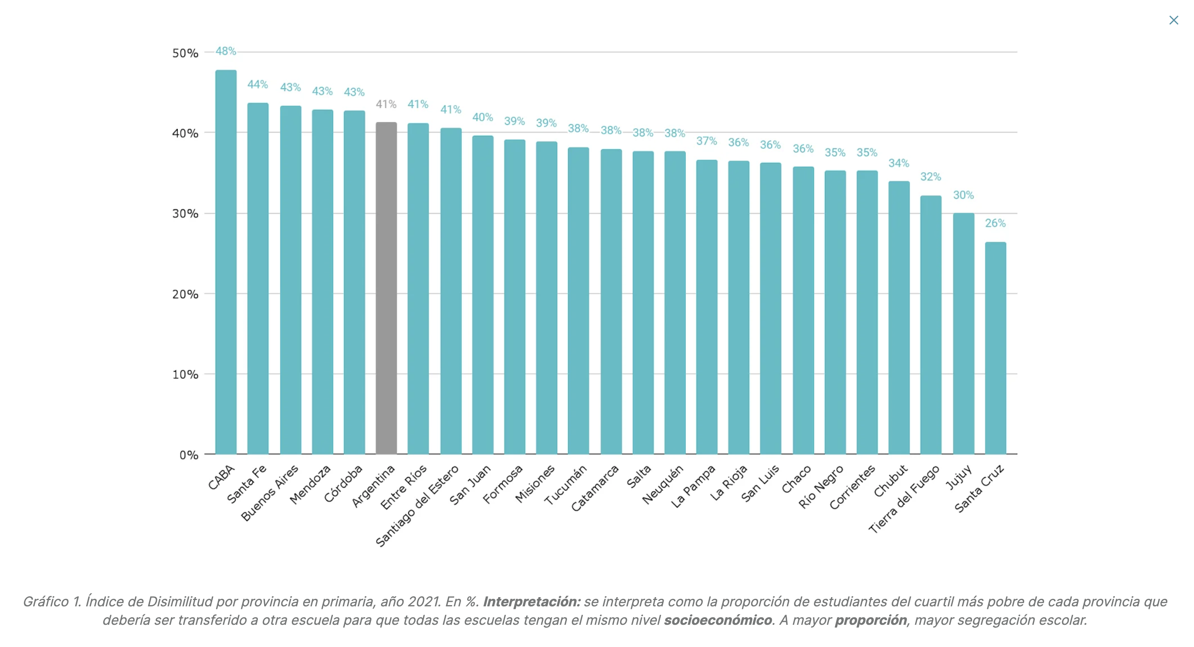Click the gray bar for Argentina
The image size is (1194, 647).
pyautogui.click(x=386, y=287)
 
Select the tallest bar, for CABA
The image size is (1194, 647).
pyautogui.click(x=226, y=262)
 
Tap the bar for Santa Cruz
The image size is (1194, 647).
pyautogui.click(x=995, y=348)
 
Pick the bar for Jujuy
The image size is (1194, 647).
pyautogui.click(x=963, y=334)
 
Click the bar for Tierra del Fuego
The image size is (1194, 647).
pyautogui.click(x=931, y=325)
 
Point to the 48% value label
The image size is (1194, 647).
pyautogui.click(x=226, y=51)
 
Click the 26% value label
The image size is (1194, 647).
pyautogui.click(x=995, y=223)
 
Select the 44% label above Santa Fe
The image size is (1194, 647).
pyautogui.click(x=258, y=84)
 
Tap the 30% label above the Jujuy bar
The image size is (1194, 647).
pyautogui.click(x=963, y=195)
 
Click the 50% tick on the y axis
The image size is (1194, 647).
pyautogui.click(x=185, y=53)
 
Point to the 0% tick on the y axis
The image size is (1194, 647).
pyautogui.click(x=189, y=455)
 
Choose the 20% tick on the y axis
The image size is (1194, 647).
pyautogui.click(x=185, y=295)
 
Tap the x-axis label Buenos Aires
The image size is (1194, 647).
pyautogui.click(x=270, y=493)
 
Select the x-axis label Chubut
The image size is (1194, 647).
pyautogui.click(x=890, y=481)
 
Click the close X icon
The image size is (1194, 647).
pyautogui.click(x=1173, y=21)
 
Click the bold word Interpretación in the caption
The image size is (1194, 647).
pyautogui.click(x=532, y=602)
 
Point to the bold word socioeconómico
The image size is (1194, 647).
pyautogui.click(x=718, y=620)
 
